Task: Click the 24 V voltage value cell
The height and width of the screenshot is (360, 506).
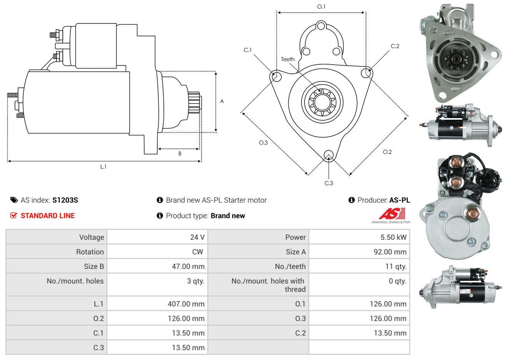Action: pos(197,237)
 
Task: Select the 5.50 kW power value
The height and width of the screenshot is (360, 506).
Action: pos(393,237)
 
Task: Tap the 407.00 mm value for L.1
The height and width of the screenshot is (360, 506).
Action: pos(186,304)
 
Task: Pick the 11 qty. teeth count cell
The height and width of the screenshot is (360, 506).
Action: pos(396,267)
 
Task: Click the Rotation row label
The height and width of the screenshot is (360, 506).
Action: pos(90,252)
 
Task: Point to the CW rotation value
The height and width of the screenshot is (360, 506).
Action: pos(198,252)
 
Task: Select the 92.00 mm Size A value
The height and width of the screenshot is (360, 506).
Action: pos(390,252)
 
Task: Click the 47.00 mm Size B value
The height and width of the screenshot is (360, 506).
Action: pos(188,267)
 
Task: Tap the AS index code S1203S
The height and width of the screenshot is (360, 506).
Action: pos(65,200)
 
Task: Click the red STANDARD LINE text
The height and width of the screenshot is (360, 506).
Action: pos(48,216)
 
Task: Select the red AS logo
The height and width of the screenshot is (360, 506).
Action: pos(392,213)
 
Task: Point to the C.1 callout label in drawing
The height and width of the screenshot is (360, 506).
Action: pos(248,50)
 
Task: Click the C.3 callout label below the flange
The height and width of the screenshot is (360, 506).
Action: pos(329,183)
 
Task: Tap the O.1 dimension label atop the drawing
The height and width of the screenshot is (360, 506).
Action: pos(321,7)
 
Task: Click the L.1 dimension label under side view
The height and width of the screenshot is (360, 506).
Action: pos(103,167)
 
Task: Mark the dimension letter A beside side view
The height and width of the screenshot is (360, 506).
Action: pos(222,101)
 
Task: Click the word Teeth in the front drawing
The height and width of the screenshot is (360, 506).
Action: pos(288,59)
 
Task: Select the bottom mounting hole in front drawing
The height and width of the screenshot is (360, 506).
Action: pos(329,155)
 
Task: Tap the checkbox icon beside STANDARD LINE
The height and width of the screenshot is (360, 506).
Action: pos(13,216)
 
